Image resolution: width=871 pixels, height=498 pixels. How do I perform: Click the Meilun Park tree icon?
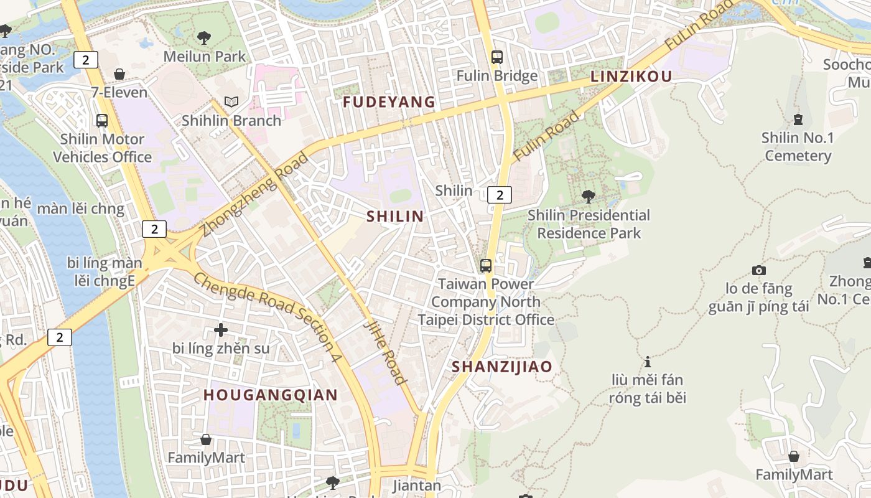pos(203,38)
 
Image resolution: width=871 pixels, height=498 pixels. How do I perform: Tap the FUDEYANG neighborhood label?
pos(389,102)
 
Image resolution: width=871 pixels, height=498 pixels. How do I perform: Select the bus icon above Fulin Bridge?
pos(496,57)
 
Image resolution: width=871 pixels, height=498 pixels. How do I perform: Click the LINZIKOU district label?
pos(631,77)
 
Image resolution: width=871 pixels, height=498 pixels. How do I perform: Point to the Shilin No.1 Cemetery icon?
pos(798,119)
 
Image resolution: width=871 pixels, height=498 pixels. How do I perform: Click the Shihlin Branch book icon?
pos(231,101)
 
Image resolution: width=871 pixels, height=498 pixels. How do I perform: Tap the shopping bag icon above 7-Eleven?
pos(119,74)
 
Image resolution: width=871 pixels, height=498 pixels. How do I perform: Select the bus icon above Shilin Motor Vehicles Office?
pos(101,121)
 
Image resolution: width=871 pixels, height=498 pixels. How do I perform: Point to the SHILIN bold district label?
pos(395,217)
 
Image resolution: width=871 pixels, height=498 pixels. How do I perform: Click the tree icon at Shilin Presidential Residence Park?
pos(588,197)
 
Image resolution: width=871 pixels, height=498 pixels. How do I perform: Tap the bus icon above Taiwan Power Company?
pos(486,266)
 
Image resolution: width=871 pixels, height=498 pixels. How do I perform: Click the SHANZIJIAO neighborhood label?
pos(501,367)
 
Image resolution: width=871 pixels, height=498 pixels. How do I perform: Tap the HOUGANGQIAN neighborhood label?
pos(270,395)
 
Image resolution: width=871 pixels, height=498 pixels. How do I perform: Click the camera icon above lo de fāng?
pos(758,270)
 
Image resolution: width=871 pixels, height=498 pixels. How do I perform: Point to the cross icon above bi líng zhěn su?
pos(220,329)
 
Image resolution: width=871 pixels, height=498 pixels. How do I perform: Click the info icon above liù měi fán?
pos(648,362)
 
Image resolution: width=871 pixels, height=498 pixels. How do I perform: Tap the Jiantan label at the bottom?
pos(417,485)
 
